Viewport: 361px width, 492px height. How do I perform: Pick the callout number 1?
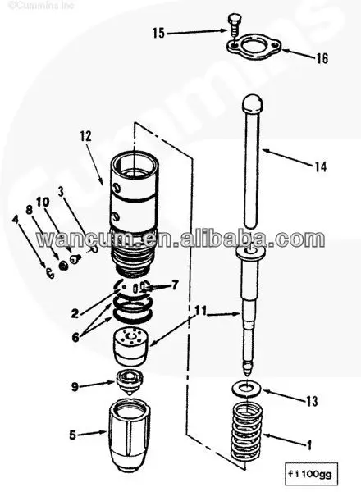tap(310, 446)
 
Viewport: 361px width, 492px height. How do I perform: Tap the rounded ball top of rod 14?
tap(252, 105)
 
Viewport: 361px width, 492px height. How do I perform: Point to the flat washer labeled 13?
tap(247, 385)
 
